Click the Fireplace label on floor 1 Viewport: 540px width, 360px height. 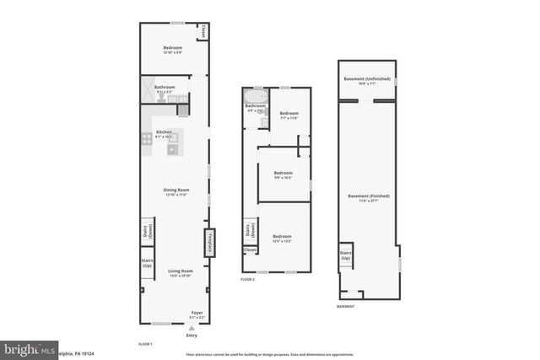tap(207, 243)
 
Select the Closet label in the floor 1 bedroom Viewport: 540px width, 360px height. tap(203, 32)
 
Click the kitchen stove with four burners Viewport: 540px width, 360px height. tap(147, 139)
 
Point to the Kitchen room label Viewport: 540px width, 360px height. tap(164, 133)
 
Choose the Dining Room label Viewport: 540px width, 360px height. tap(175, 191)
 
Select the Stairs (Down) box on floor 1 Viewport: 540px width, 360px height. tap(147, 233)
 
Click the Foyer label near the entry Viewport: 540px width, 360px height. tap(197, 314)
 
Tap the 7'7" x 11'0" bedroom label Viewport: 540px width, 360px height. tap(289, 115)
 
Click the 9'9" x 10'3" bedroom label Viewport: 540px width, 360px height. tap(283, 175)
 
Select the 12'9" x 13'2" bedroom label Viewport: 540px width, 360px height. tap(282, 238)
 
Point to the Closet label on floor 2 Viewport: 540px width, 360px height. tap(250, 250)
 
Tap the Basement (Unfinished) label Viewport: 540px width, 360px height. tap(366, 81)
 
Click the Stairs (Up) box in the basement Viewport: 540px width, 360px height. tap(345, 256)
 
